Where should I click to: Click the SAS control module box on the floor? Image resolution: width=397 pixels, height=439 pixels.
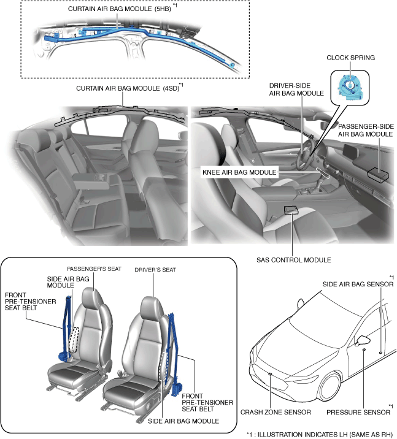coord(291,210)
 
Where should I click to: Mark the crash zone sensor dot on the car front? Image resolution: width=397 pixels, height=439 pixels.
coord(271,372)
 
